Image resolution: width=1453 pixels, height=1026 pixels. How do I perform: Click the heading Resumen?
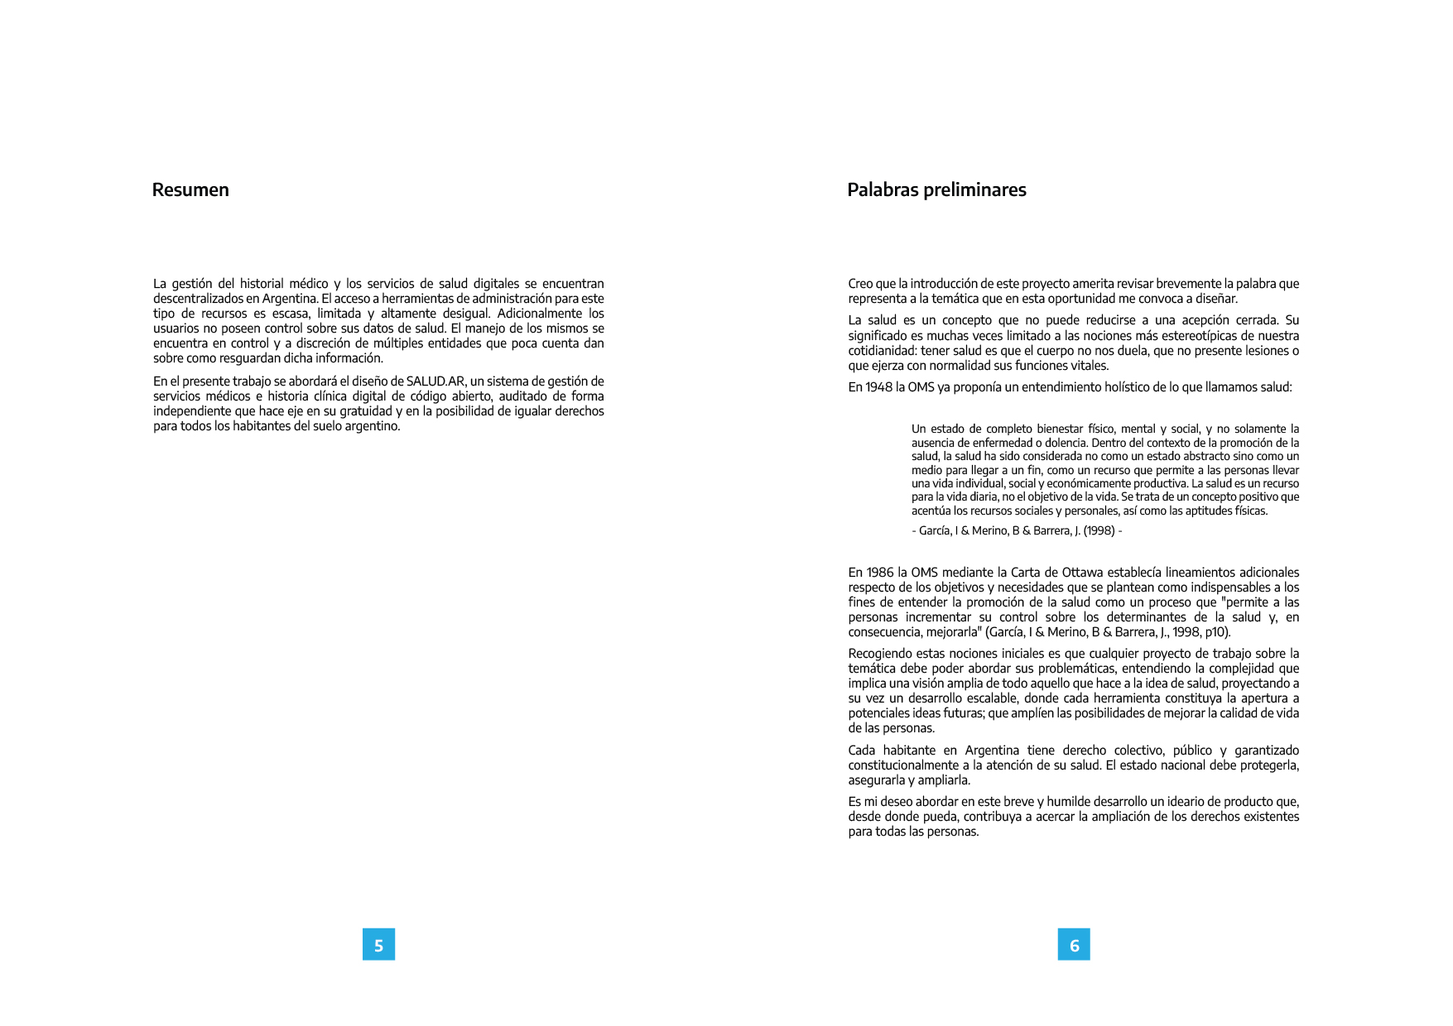pyautogui.click(x=190, y=189)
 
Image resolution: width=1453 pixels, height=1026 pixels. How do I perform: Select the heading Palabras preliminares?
pyautogui.click(x=936, y=189)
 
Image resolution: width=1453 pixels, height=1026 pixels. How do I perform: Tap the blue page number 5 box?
pyautogui.click(x=378, y=944)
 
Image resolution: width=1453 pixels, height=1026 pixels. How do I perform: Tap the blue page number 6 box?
pyautogui.click(x=1074, y=944)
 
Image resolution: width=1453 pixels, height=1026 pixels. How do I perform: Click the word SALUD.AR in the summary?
pyautogui.click(x=435, y=381)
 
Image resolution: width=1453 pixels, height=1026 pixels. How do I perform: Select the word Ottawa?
pyautogui.click(x=1083, y=573)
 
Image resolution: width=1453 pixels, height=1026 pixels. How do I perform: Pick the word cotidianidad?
pyautogui.click(x=883, y=351)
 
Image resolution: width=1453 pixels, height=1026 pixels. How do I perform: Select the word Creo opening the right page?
pyautogui.click(x=860, y=284)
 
